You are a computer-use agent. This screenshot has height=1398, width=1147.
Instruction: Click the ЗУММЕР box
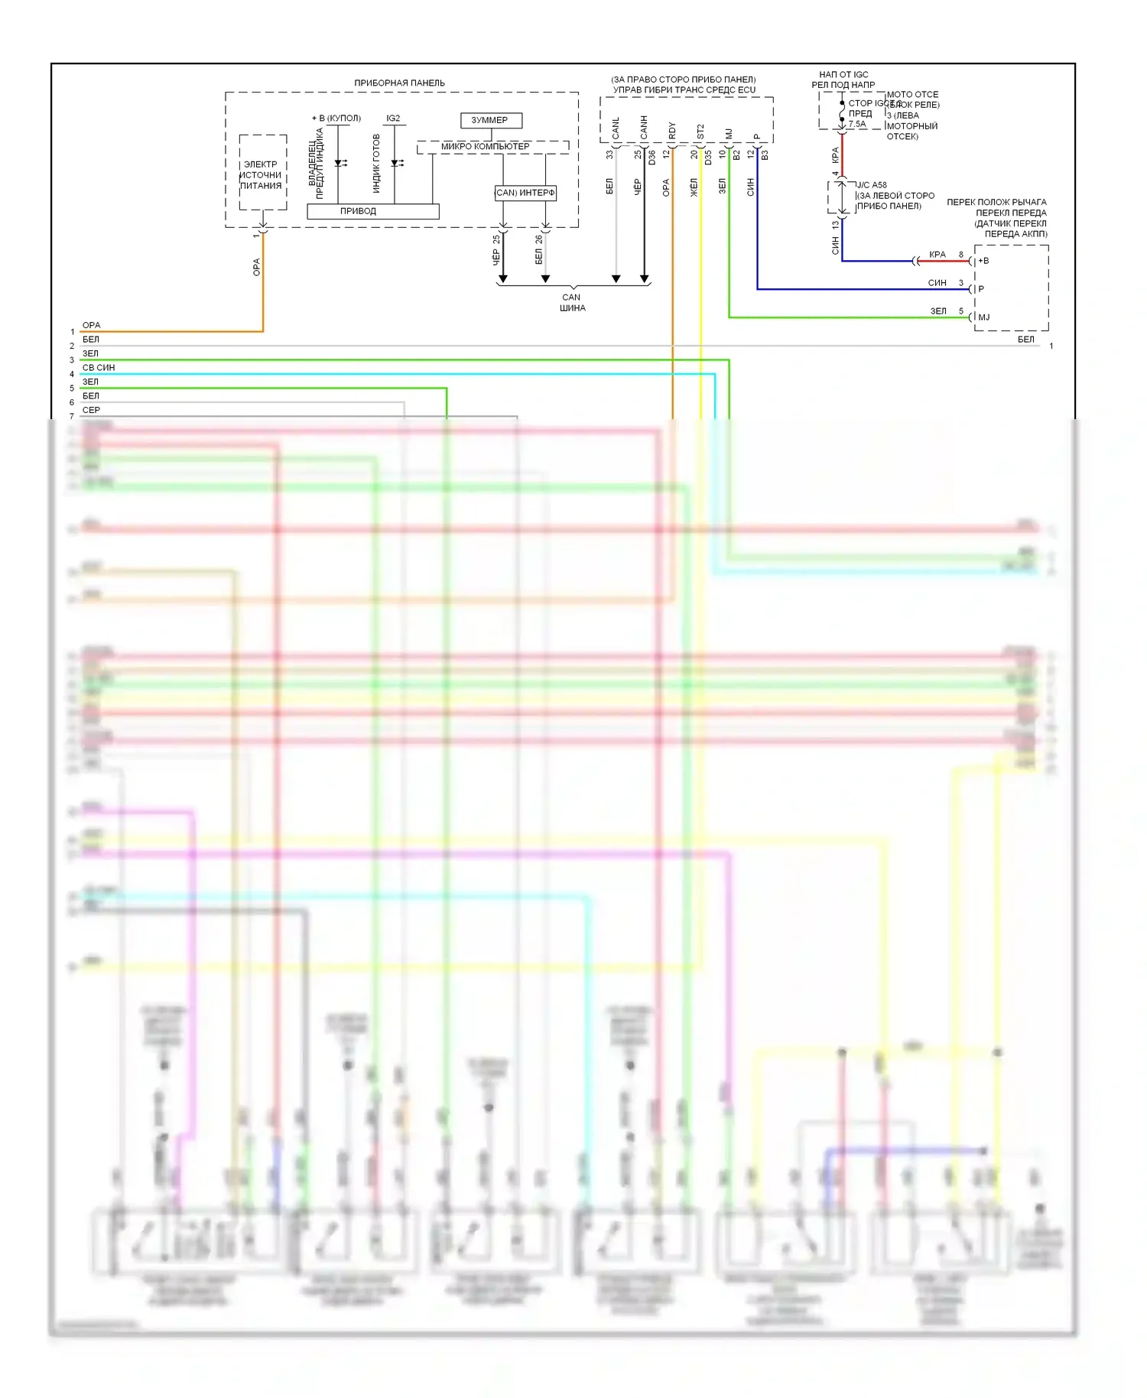pyautogui.click(x=491, y=120)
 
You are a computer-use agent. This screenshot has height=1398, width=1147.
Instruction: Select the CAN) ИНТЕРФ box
pyautogui.click(x=525, y=193)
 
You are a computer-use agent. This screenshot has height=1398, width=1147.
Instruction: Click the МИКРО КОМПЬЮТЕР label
pyautogui.click(x=486, y=146)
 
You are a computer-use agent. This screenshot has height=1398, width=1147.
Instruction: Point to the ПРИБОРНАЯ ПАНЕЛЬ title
pyautogui.click(x=399, y=83)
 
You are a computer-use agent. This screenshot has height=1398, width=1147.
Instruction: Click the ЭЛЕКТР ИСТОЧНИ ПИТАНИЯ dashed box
pyautogui.click(x=262, y=174)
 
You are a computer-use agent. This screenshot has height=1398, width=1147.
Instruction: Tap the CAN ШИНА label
pyautogui.click(x=572, y=303)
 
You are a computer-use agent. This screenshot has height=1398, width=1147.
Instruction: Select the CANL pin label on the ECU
pyautogui.click(x=616, y=128)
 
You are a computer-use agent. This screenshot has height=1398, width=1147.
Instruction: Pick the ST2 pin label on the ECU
pyautogui.click(x=700, y=132)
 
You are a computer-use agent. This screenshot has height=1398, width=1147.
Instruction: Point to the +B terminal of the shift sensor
pyautogui.click(x=983, y=261)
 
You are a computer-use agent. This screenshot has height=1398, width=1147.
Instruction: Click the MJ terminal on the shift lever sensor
pyautogui.click(x=984, y=317)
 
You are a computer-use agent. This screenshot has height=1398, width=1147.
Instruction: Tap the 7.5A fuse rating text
pyautogui.click(x=857, y=124)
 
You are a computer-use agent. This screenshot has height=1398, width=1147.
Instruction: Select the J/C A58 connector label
pyautogui.click(x=872, y=185)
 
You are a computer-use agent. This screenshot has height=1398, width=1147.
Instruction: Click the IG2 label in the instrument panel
pyautogui.click(x=393, y=119)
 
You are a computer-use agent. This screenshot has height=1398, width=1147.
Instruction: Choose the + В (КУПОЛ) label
pyautogui.click(x=336, y=119)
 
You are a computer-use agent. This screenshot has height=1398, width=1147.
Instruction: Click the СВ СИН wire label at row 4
pyautogui.click(x=99, y=368)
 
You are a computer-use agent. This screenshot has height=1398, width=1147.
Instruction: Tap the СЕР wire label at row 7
pyautogui.click(x=91, y=410)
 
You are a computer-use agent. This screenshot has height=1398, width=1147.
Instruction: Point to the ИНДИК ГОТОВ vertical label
pyautogui.click(x=376, y=164)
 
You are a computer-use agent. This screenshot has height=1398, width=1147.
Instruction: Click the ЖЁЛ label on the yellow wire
pyautogui.click(x=694, y=187)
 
